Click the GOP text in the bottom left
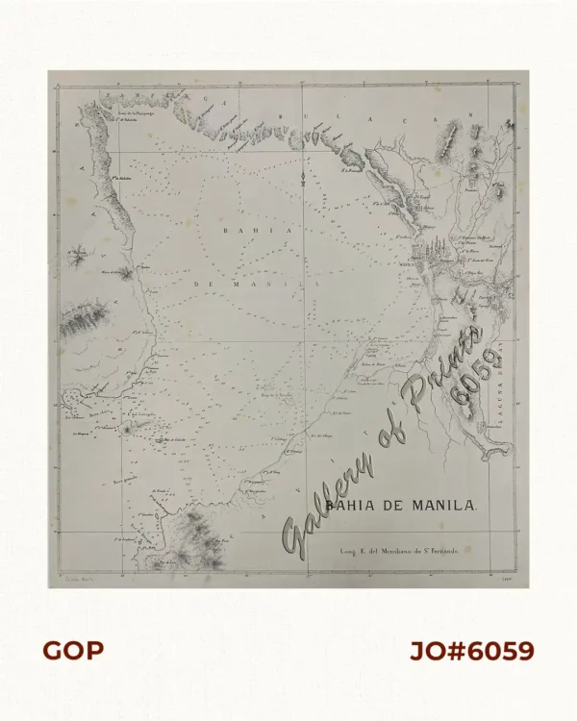[x=73, y=651]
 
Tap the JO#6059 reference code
[x=471, y=651]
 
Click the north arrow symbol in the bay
[x=303, y=177]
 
